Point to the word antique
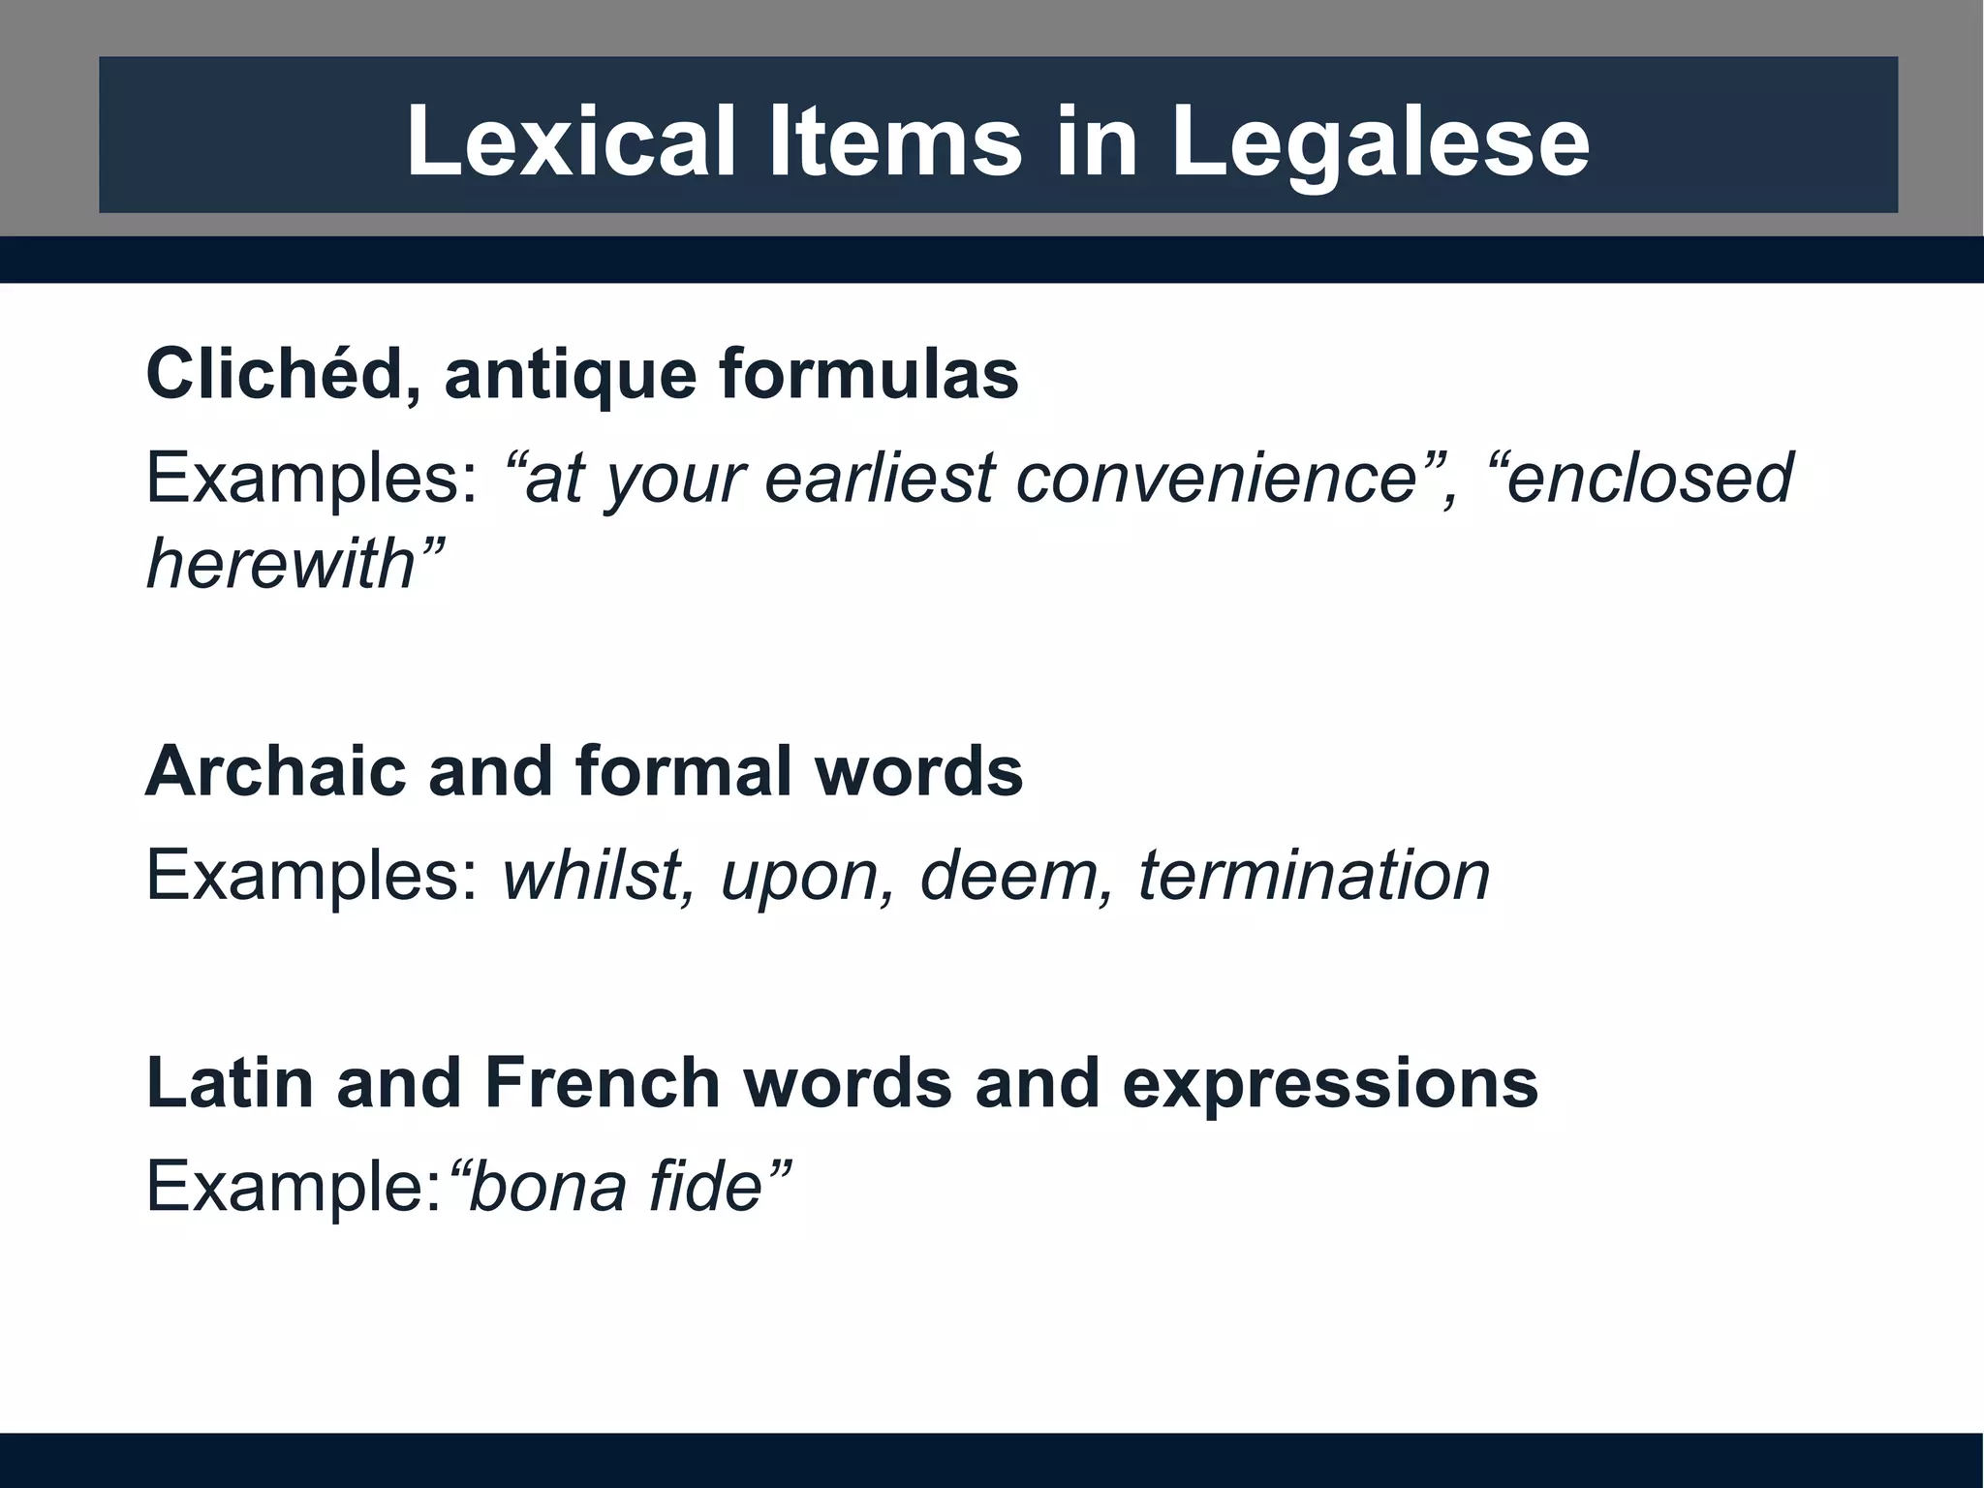point(570,374)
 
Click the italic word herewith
point(281,564)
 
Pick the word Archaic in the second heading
point(275,771)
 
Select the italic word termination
point(1315,876)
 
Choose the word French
point(603,1083)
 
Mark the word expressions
point(1330,1083)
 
